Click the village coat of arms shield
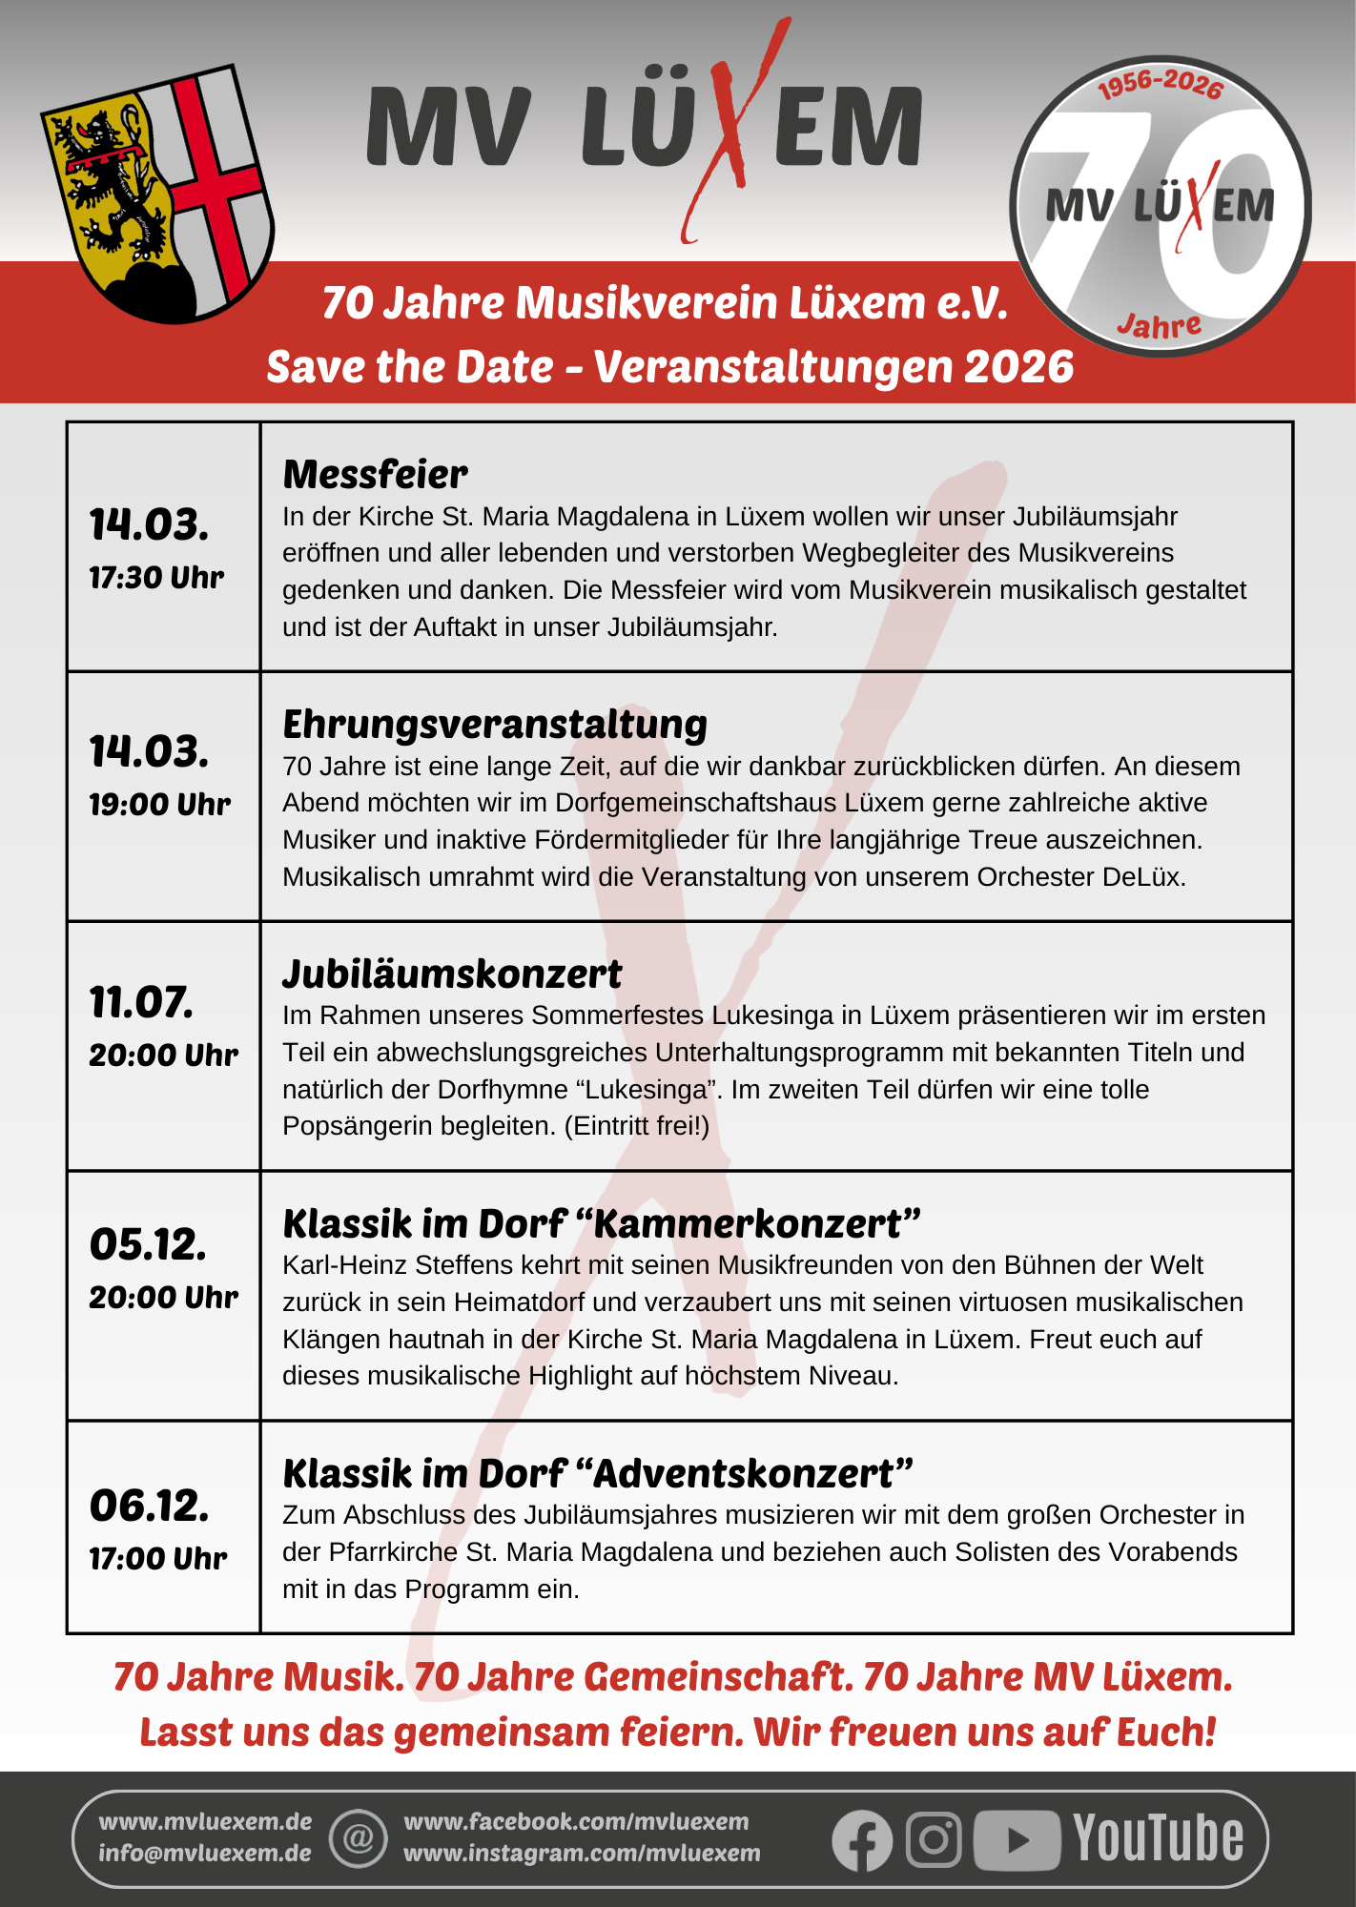click(157, 194)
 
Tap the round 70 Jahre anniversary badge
click(1160, 206)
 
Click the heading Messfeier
click(375, 474)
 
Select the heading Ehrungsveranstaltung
click(495, 724)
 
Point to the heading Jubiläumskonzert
click(452, 974)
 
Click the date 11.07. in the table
click(141, 1002)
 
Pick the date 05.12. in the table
click(148, 1244)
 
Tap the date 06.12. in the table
click(149, 1506)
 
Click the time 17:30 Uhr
click(156, 577)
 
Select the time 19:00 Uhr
click(159, 804)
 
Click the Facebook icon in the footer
click(862, 1839)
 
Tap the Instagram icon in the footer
click(934, 1839)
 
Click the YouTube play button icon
click(1017, 1839)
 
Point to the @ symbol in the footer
click(359, 1837)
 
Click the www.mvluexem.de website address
click(205, 1821)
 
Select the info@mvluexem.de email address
click(205, 1853)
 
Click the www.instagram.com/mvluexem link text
click(582, 1853)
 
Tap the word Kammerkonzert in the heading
click(747, 1223)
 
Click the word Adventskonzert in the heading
click(744, 1473)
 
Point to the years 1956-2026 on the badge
click(1160, 84)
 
